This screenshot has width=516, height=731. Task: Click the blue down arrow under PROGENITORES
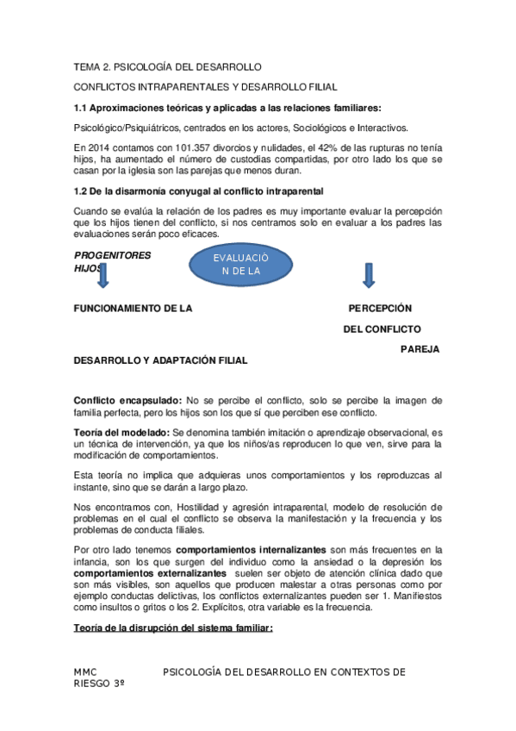(x=102, y=276)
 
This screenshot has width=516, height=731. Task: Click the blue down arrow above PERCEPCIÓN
(x=368, y=275)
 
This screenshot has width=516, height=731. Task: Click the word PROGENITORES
(x=112, y=255)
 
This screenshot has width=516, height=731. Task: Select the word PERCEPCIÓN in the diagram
(x=380, y=309)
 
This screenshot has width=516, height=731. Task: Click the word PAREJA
(x=420, y=349)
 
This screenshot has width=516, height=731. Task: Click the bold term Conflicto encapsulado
(x=127, y=400)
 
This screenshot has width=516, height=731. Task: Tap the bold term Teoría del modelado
(x=121, y=432)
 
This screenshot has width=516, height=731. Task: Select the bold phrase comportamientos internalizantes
(x=250, y=548)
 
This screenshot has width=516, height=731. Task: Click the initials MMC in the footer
(x=85, y=672)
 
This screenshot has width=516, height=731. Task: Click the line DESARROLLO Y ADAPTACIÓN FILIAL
(x=161, y=360)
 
